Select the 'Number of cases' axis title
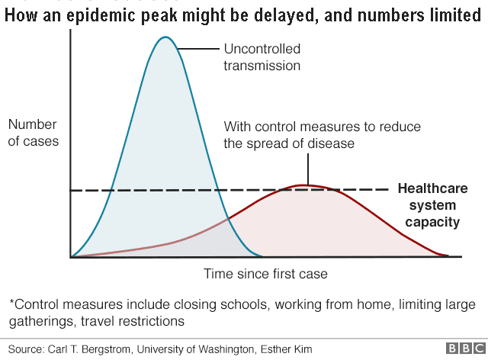33,133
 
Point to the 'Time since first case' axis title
266,273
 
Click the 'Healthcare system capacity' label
432,205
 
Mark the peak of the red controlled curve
305,185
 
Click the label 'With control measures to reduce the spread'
321,134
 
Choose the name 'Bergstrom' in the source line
113,349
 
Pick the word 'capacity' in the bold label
432,223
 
